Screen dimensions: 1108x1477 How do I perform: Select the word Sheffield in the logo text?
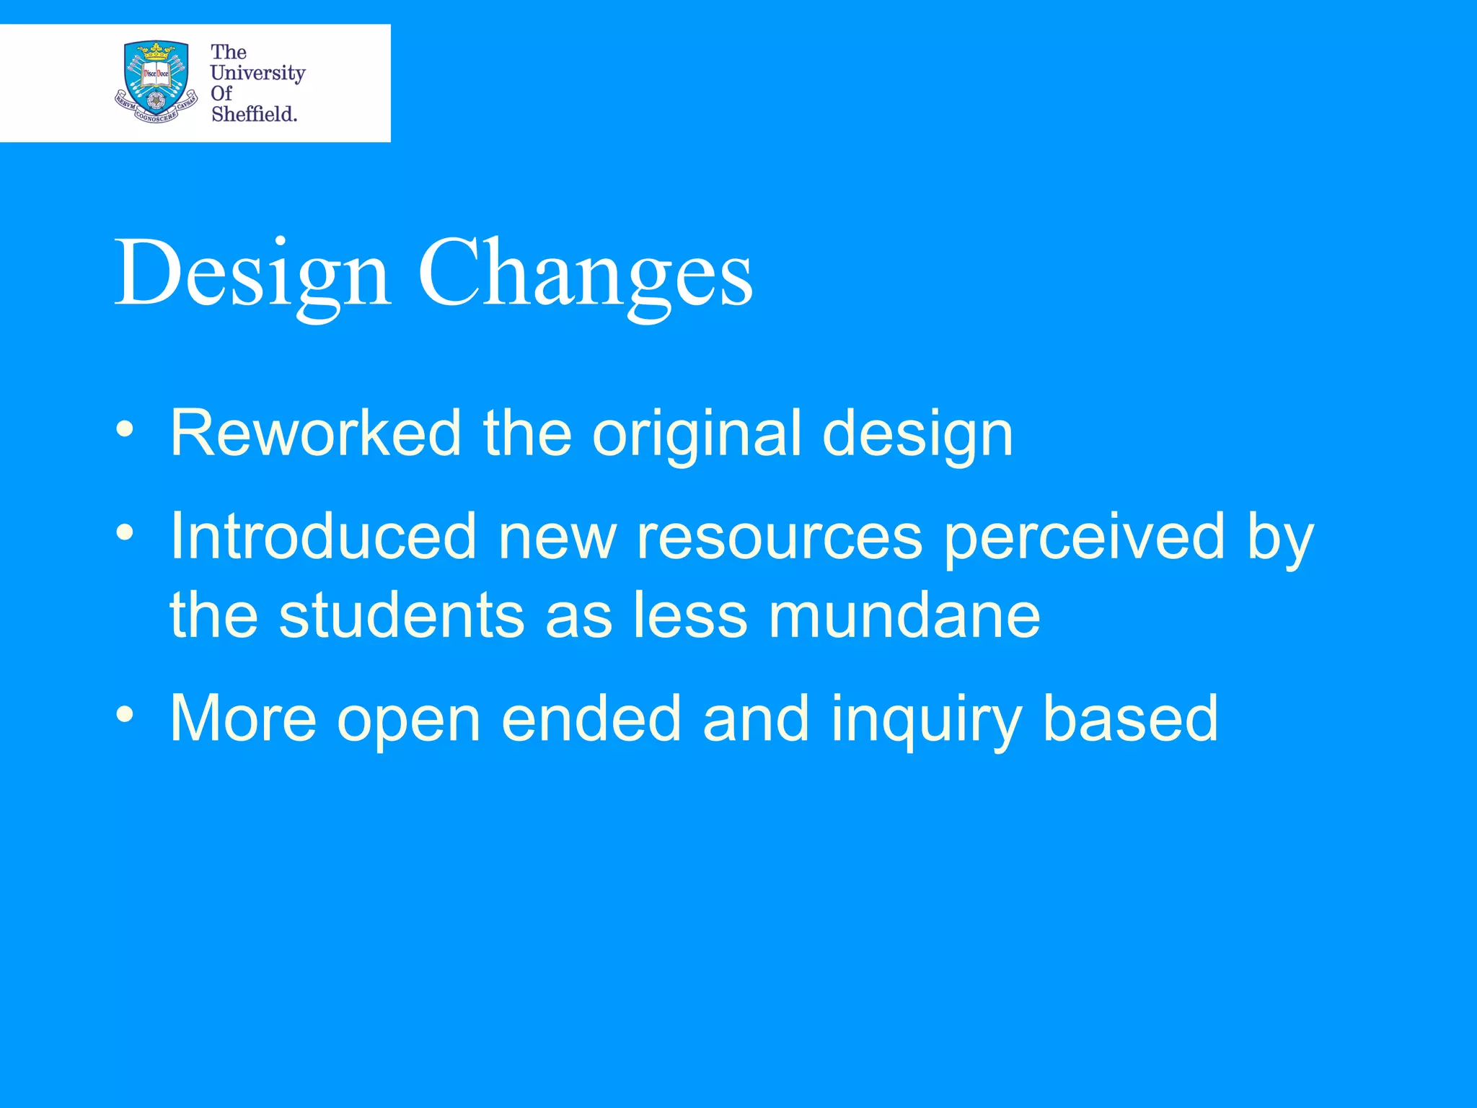tap(254, 114)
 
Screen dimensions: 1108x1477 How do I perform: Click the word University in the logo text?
tap(257, 73)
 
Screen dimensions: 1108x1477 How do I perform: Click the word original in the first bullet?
tap(696, 434)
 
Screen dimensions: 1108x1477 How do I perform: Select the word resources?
tap(779, 537)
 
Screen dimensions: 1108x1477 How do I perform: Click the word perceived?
tap(1085, 537)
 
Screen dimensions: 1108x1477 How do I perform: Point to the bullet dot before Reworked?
tap(125, 430)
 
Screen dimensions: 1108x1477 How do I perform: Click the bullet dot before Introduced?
tap(125, 533)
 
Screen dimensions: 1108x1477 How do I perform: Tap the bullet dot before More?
tap(125, 715)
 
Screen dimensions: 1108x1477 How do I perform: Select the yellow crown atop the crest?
tap(156, 50)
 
